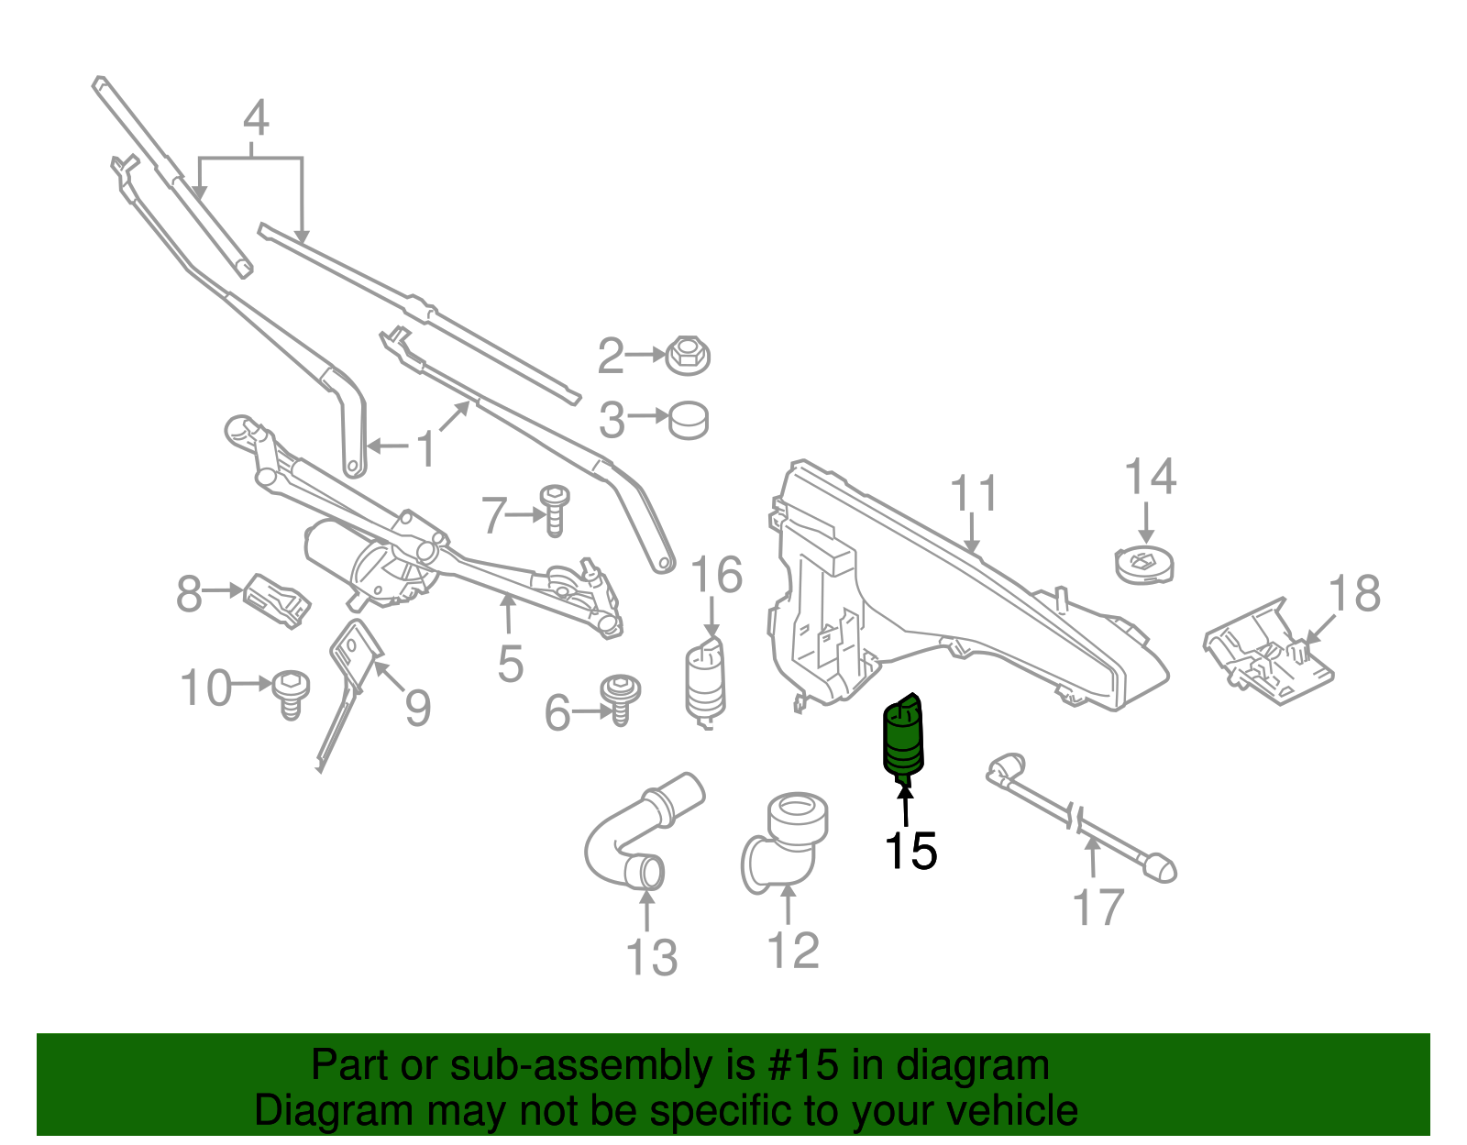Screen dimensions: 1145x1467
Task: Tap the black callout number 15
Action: [910, 852]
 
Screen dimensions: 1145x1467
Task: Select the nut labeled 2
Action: [688, 355]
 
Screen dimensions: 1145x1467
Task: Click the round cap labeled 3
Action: [688, 420]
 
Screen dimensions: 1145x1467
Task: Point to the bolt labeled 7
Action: [554, 510]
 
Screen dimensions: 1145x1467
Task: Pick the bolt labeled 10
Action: [291, 692]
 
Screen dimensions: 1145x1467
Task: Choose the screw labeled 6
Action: [620, 699]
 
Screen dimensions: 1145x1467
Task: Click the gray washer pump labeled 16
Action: [706, 682]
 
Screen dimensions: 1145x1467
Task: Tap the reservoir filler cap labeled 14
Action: [1144, 564]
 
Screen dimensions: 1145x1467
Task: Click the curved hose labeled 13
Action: [633, 834]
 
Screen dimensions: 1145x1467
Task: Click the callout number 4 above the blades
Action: [256, 119]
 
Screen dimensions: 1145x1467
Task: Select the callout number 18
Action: [1354, 593]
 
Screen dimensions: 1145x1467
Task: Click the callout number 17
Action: [1097, 908]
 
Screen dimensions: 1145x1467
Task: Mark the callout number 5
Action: [510, 663]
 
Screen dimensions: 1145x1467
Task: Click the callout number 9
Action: [417, 708]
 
